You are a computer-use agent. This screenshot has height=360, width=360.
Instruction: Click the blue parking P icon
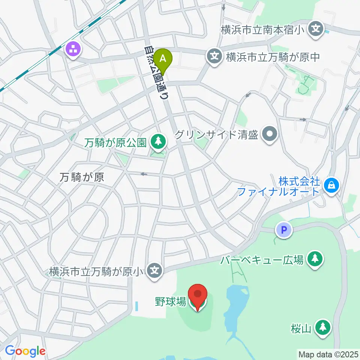284,229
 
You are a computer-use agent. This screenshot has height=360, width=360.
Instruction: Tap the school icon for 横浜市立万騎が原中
214,57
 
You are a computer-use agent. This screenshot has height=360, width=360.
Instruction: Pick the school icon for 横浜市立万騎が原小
154,270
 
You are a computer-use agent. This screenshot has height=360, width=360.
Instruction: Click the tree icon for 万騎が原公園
157,142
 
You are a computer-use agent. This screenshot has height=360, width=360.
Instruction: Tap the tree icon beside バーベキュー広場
315,258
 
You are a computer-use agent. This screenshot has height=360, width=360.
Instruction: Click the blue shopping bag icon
331,184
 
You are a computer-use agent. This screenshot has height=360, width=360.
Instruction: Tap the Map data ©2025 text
328,354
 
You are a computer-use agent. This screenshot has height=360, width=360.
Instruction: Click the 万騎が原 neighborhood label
81,177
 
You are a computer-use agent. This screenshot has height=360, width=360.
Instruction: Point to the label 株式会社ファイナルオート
280,186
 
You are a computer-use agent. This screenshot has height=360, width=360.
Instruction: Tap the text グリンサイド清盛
217,134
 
